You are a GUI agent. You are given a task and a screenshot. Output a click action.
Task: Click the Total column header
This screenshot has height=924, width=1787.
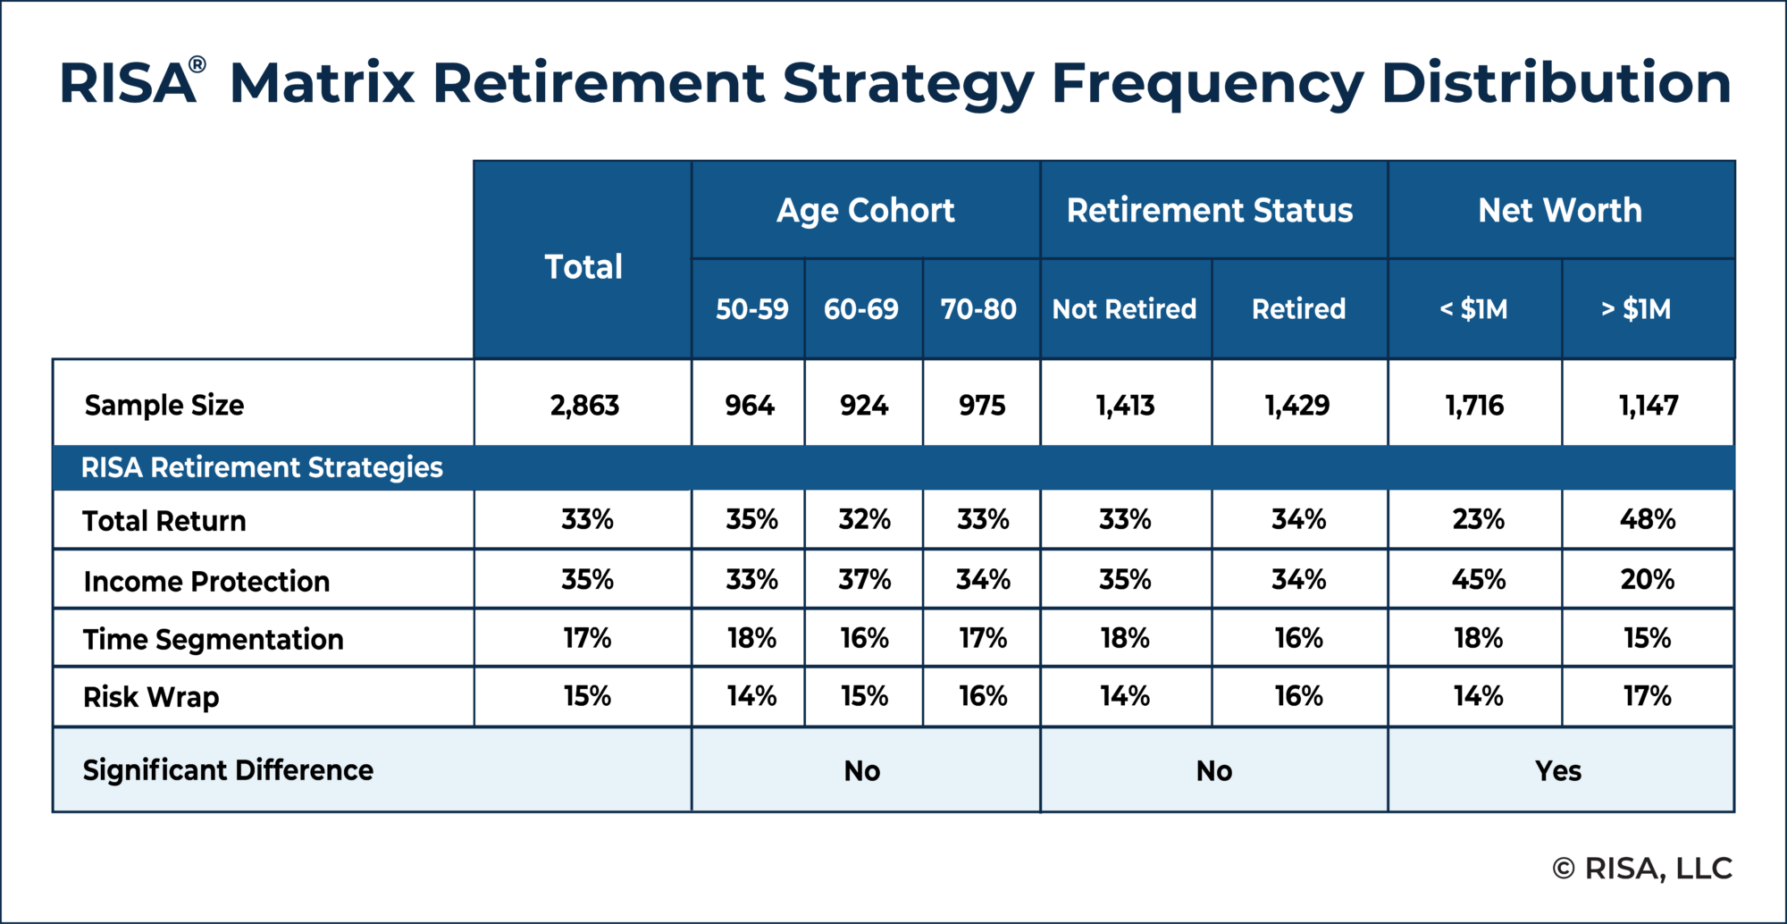coord(583,266)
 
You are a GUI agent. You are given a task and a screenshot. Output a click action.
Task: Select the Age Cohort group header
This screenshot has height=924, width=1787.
coord(865,211)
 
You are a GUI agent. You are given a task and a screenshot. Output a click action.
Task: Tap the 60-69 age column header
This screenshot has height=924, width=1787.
coord(861,309)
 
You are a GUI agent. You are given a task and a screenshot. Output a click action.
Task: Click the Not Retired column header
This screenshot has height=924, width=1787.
coord(1124,309)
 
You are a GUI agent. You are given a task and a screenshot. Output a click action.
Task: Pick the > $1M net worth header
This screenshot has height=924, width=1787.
coord(1636,309)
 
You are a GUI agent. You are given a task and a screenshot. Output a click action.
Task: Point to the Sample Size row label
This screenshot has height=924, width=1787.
coord(164,405)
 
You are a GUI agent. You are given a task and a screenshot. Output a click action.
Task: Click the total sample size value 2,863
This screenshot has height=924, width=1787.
coord(584,406)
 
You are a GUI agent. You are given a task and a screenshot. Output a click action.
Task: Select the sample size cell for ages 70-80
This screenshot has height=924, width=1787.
coord(982,406)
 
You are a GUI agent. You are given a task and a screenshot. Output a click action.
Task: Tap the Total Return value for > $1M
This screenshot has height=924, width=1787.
coord(1648,519)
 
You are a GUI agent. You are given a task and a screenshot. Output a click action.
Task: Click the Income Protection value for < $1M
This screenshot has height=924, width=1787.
coord(1478,579)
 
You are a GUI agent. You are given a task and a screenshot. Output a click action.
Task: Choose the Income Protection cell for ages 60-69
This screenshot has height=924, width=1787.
coord(864,579)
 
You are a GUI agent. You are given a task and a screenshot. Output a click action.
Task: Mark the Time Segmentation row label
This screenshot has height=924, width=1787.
coord(214,640)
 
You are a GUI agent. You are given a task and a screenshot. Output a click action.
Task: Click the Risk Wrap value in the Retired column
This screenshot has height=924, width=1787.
coord(1298,696)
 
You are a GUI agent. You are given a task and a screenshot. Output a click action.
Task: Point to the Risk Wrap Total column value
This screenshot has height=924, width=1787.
coord(587,696)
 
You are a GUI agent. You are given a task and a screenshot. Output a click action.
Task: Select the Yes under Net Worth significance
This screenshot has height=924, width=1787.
coord(1558,770)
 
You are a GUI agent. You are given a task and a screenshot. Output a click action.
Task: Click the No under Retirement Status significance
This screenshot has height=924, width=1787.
coord(1214,770)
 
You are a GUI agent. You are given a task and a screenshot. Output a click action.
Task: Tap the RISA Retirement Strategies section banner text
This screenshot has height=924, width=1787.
coord(262,467)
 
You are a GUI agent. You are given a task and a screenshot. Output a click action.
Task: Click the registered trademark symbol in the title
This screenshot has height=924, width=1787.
coord(197,65)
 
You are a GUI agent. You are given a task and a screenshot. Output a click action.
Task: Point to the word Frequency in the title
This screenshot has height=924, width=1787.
coord(1207,85)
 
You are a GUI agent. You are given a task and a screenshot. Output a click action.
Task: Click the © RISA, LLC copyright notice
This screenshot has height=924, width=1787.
coord(1642,868)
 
